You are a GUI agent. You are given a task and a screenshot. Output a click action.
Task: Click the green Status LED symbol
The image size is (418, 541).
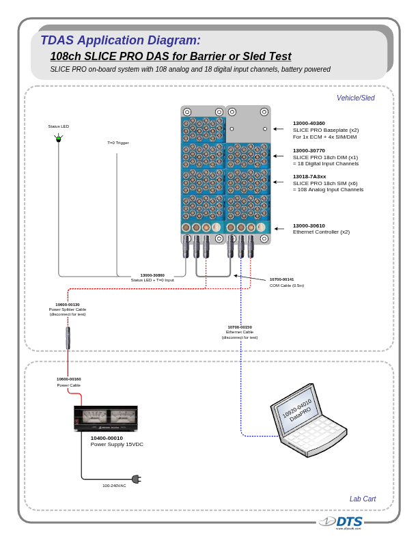[58, 139]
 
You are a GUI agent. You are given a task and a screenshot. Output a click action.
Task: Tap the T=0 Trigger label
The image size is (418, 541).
[117, 143]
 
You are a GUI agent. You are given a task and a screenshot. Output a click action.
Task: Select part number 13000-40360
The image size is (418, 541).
[309, 123]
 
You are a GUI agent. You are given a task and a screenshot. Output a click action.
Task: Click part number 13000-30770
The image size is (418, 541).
[309, 150]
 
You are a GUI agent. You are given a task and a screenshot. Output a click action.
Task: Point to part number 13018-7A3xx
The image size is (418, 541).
[309, 176]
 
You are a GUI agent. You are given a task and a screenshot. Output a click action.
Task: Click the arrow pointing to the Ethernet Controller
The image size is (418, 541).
[279, 229]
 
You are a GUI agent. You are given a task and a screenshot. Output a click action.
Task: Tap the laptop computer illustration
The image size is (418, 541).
[307, 419]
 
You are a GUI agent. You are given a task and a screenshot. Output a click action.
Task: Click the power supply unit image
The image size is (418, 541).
[106, 418]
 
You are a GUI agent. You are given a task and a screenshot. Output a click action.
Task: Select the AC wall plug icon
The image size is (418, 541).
[135, 479]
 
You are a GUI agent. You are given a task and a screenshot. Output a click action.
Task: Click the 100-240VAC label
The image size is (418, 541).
[114, 486]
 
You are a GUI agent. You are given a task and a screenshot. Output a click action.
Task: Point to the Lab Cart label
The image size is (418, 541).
[362, 499]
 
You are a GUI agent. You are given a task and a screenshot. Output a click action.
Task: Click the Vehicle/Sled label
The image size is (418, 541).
[355, 98]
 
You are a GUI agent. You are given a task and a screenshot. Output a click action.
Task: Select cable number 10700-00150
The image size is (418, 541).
[240, 327]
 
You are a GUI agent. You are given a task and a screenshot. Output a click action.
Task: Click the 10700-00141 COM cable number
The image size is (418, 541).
[281, 279]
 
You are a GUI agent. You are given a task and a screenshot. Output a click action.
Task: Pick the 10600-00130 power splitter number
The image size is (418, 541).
[68, 304]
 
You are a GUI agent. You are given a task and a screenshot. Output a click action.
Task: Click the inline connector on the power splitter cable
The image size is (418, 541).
[68, 337]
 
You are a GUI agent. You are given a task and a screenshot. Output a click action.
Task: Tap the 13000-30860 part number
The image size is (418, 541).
[152, 275]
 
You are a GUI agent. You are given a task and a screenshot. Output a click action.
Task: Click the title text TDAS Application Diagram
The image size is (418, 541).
[121, 40]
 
